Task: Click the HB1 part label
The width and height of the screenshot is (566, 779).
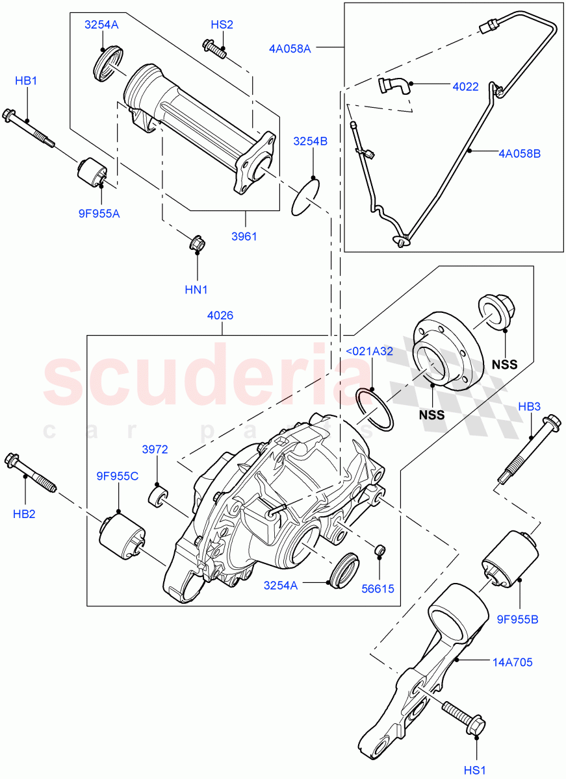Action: (27, 81)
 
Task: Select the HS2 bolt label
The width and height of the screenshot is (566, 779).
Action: (222, 25)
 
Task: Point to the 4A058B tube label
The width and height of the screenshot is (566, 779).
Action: (519, 154)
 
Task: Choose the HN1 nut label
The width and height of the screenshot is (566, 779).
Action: (197, 289)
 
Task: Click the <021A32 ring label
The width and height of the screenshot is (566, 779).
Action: (369, 351)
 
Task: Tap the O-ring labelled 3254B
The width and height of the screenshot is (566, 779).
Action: (305, 197)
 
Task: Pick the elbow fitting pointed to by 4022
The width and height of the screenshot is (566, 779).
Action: (392, 86)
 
